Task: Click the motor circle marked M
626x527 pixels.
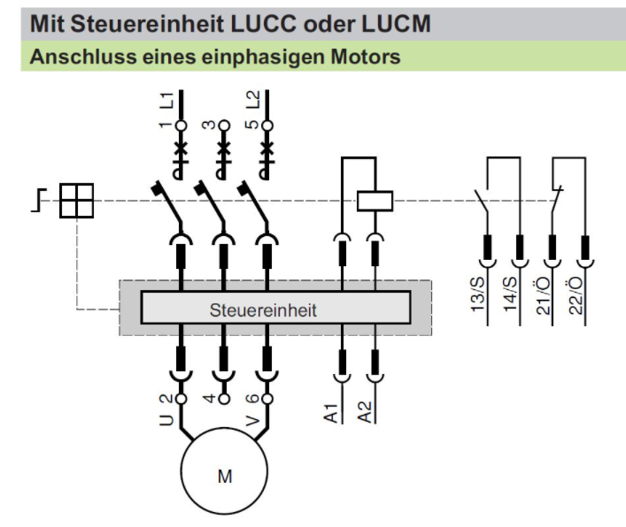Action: click(224, 471)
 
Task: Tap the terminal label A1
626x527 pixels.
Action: click(331, 413)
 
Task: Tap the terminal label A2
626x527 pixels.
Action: click(365, 412)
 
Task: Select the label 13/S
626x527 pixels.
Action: click(478, 294)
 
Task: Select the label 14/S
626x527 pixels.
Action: click(510, 294)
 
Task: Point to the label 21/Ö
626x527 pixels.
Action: click(543, 296)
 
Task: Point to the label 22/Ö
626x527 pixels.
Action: click(576, 296)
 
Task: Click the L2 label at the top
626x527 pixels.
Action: click(252, 100)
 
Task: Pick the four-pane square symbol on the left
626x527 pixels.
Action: click(77, 201)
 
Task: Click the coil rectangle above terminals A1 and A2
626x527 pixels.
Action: click(375, 201)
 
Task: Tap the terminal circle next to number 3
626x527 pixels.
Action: click(224, 126)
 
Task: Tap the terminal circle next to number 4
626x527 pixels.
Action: click(224, 399)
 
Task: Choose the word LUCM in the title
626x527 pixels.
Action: click(396, 24)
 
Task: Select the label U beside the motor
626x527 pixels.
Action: click(166, 420)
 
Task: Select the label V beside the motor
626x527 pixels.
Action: click(252, 420)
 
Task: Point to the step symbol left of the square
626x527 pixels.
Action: click(39, 200)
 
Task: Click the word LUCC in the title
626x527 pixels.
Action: click(264, 24)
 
